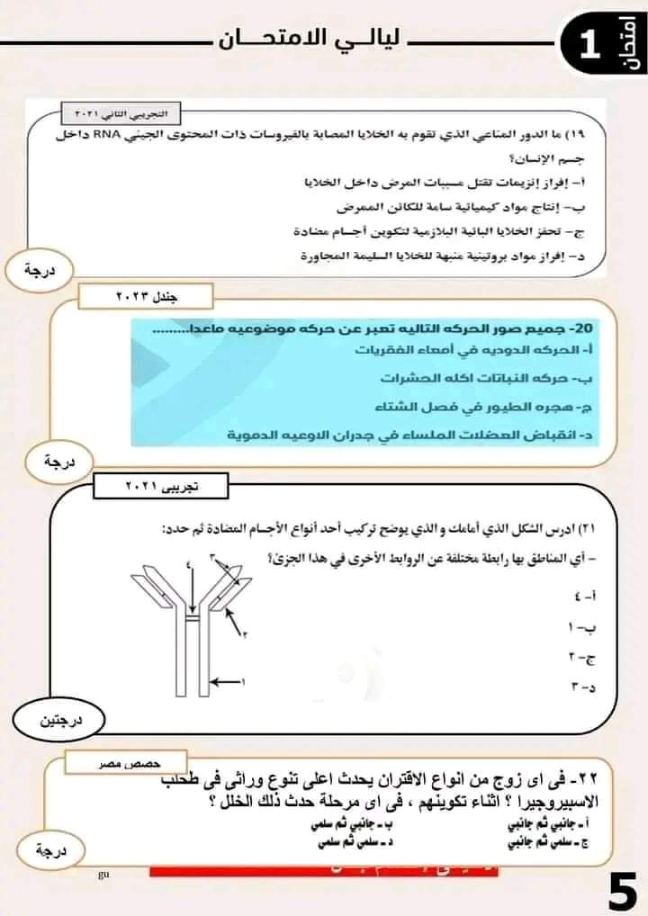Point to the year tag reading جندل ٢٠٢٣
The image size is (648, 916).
145,295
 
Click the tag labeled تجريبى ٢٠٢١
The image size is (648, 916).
163,487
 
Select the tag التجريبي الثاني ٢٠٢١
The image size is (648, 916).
121,114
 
